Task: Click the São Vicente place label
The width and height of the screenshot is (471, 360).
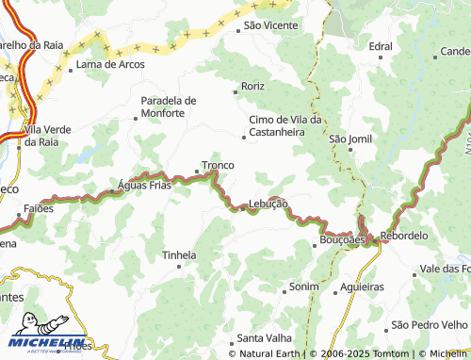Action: pos(270,25)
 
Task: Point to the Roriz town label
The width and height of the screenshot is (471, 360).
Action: pos(252,86)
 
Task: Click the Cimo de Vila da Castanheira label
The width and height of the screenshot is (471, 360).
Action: pos(285,126)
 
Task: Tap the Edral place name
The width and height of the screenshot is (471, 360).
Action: pos(381,45)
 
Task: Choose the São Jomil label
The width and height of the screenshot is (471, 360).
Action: pos(350,139)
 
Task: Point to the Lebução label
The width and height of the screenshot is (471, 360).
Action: pos(268,205)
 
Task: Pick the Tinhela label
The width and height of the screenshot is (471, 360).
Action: pos(179,255)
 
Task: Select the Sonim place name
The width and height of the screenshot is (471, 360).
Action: pos(304,286)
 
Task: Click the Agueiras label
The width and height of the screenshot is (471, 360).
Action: pos(363,286)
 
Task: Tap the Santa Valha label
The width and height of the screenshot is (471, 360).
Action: pos(264,338)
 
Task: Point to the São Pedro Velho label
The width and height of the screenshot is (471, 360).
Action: pos(430,325)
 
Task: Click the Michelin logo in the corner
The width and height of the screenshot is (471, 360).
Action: pos(47,332)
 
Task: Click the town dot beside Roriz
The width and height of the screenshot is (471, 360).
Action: pos(235,91)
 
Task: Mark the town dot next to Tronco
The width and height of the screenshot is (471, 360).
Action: pos(197,172)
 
